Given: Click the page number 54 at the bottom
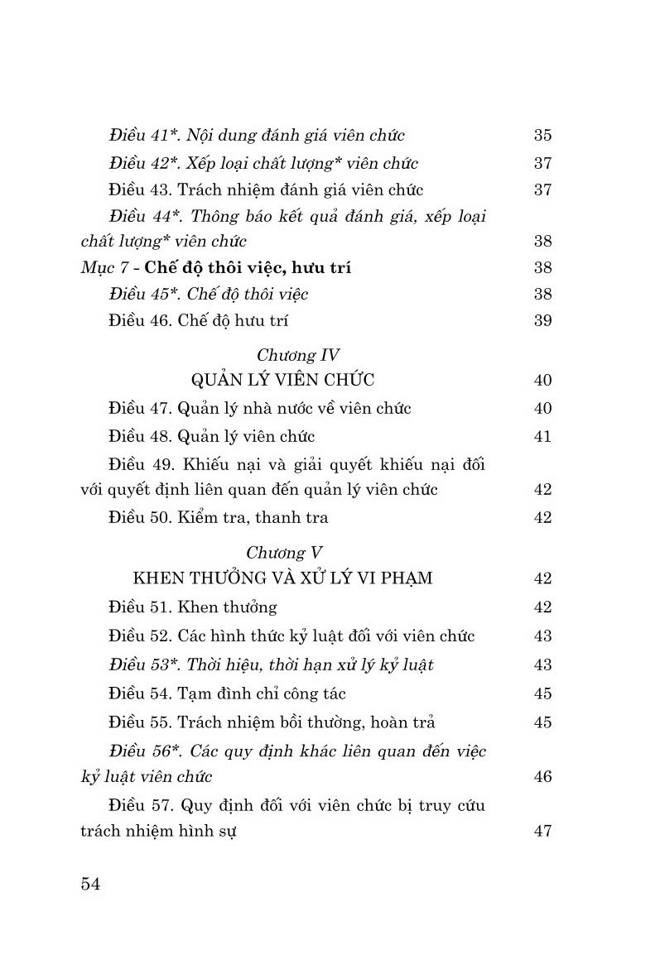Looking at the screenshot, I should pyautogui.click(x=91, y=885).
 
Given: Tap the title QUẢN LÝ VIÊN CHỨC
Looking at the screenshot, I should pyautogui.click(x=283, y=380).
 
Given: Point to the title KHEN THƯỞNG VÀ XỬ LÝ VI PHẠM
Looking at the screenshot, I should pyautogui.click(x=283, y=578).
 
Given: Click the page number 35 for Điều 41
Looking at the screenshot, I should pyautogui.click(x=542, y=136).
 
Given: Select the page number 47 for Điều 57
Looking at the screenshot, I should pyautogui.click(x=542, y=832).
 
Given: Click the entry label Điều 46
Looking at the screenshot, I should pyautogui.click(x=141, y=321).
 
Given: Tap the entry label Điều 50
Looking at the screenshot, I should pyautogui.click(x=141, y=518).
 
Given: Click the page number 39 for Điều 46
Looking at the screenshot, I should pyautogui.click(x=542, y=321).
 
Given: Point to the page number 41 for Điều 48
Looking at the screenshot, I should pyautogui.click(x=542, y=436).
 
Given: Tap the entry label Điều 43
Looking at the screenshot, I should pyautogui.click(x=141, y=190).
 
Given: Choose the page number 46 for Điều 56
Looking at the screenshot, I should pyautogui.click(x=542, y=777).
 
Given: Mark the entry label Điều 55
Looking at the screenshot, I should pyautogui.click(x=141, y=722).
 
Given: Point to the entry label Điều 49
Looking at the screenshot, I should pyautogui.click(x=141, y=464).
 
